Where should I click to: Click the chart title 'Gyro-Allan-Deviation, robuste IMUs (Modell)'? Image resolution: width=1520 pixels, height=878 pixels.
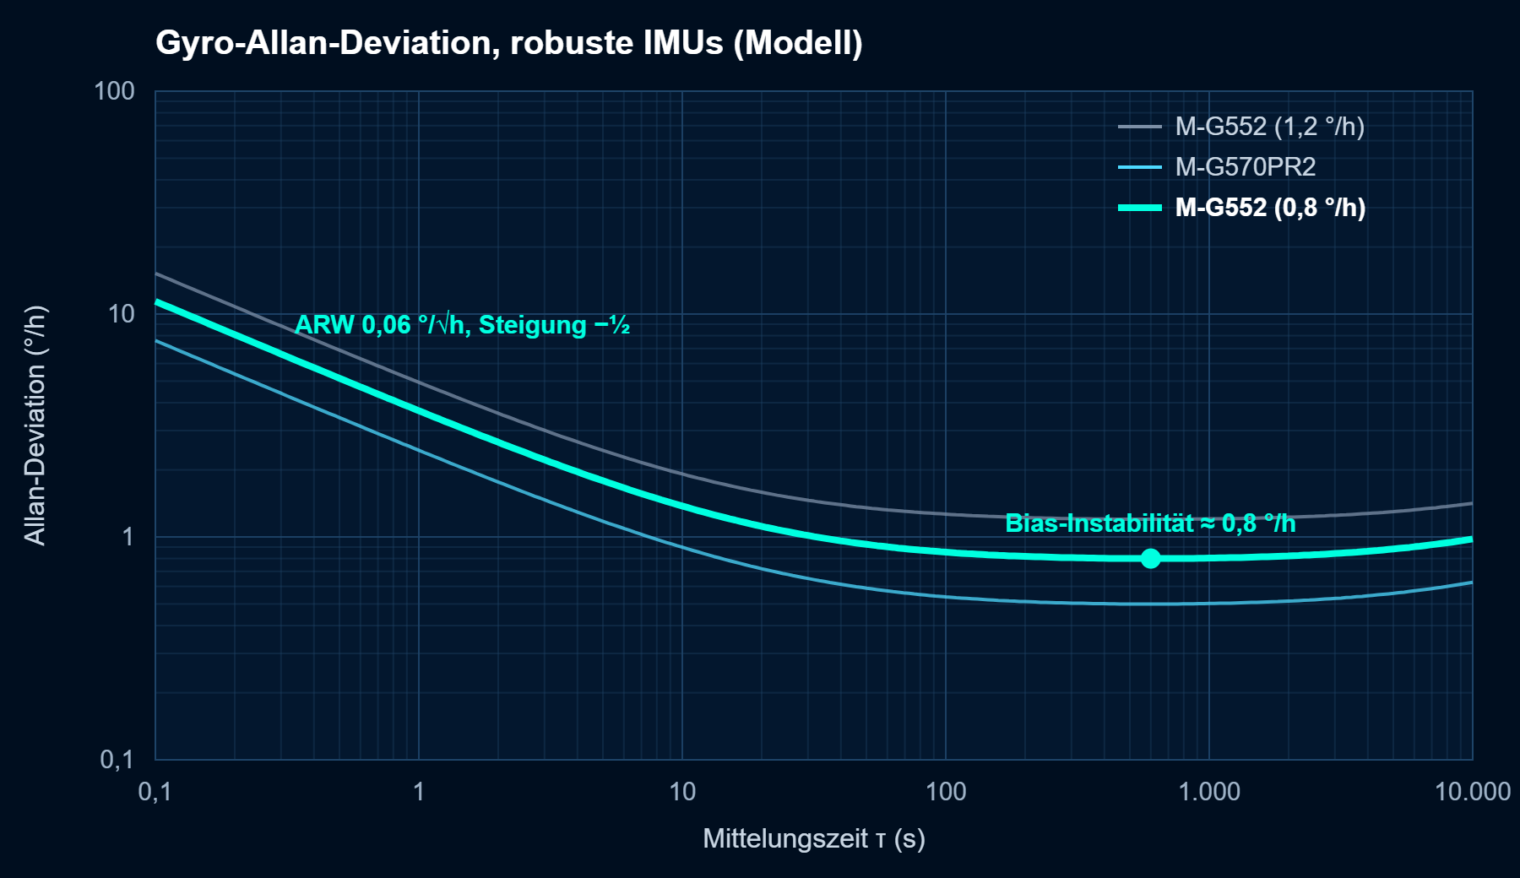509,42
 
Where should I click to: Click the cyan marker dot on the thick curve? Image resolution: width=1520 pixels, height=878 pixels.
1150,558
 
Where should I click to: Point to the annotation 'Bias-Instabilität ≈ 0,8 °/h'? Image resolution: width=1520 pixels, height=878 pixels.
1150,523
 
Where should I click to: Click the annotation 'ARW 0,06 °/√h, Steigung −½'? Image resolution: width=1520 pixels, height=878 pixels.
462,325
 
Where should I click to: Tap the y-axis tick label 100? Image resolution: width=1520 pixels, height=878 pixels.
114,91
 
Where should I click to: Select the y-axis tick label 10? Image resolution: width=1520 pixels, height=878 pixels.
122,314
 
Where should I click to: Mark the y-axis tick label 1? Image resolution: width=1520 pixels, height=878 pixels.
128,537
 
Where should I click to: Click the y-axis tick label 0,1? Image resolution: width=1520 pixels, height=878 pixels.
117,759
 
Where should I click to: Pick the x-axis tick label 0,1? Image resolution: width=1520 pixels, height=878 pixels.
155,792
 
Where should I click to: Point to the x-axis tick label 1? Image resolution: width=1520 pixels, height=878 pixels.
419,792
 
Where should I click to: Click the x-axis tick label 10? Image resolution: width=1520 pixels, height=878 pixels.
682,792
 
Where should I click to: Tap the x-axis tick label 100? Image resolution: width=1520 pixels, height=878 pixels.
946,792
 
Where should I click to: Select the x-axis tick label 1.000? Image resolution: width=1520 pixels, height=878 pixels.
1209,792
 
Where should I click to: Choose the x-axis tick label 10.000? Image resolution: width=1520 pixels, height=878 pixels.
1473,792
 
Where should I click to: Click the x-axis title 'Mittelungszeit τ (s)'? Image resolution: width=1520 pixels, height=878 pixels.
814,838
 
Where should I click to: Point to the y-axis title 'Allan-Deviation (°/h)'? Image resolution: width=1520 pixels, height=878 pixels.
35,425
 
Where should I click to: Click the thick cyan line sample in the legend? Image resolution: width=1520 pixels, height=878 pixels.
1140,208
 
